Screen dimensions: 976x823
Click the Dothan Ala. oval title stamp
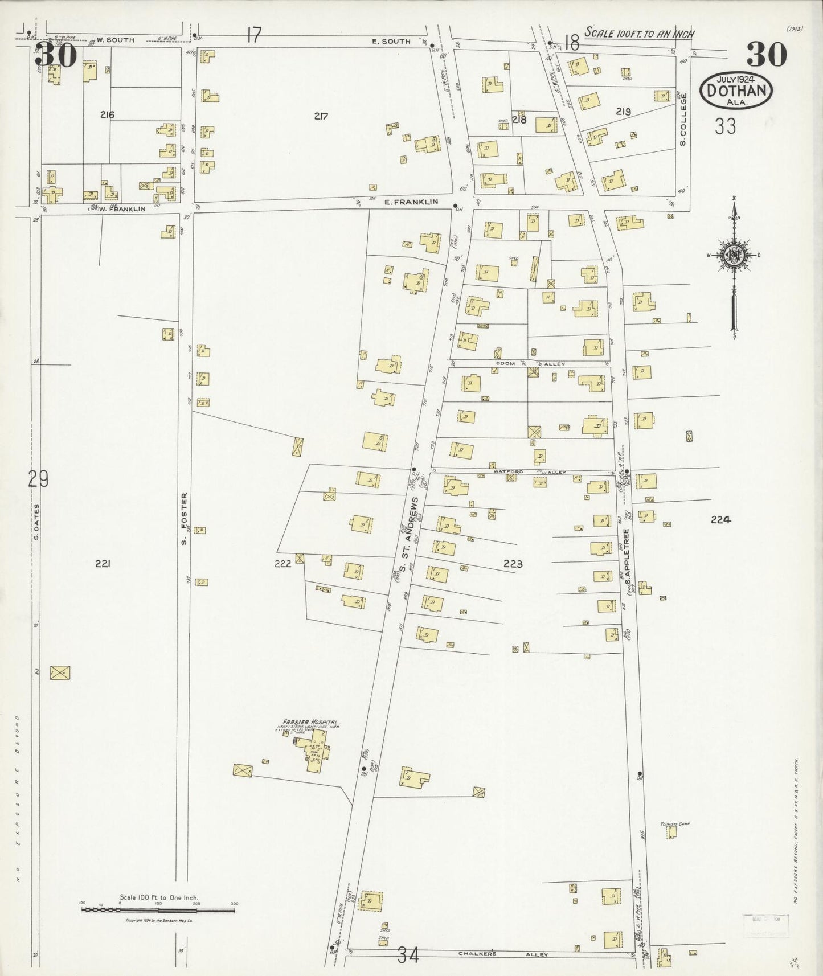(739, 89)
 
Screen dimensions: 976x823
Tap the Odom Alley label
(518, 363)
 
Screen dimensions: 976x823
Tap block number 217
(321, 116)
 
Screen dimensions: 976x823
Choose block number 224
(720, 519)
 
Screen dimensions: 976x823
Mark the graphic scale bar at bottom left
(158, 911)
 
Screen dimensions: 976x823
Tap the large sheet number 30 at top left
(56, 55)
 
